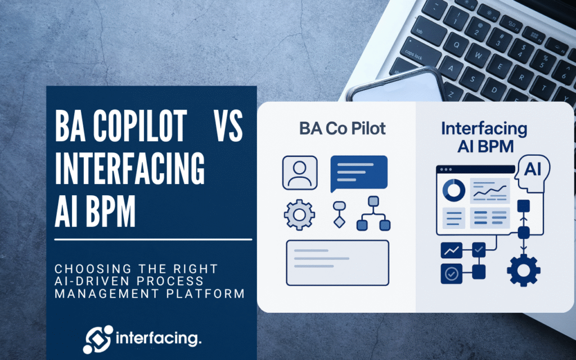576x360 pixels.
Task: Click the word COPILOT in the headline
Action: (x=139, y=126)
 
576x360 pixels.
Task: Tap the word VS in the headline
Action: (x=228, y=126)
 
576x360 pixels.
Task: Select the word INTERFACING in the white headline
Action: (x=129, y=168)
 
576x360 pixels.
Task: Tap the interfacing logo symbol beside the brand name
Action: (x=98, y=339)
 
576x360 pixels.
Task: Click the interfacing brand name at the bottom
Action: (x=159, y=338)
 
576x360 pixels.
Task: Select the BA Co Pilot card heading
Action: (x=343, y=129)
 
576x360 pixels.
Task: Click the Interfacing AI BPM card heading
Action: (x=485, y=137)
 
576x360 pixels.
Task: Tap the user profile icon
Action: (x=300, y=173)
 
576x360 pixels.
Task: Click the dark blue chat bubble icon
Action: (x=359, y=173)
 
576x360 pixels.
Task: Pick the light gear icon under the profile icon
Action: (x=299, y=215)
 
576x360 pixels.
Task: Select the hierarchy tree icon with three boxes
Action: (x=373, y=213)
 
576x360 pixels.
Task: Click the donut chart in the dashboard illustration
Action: (x=454, y=190)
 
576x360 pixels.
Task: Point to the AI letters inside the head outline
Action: (x=533, y=169)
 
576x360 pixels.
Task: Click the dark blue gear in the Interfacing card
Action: (x=524, y=271)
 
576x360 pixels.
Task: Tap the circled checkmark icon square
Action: (x=452, y=274)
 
